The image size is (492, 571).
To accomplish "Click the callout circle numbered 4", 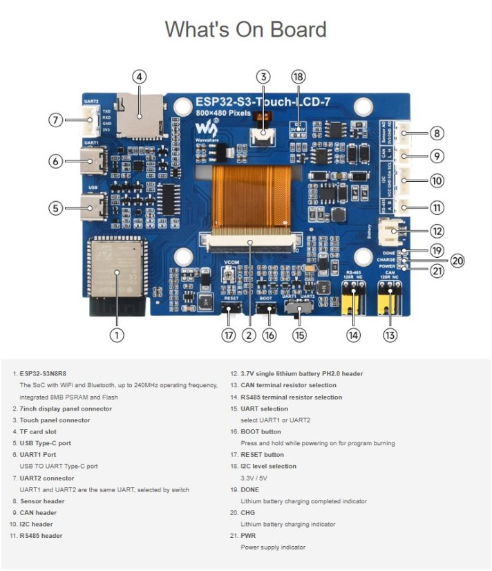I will pyautogui.click(x=140, y=77).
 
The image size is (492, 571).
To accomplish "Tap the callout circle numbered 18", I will pyautogui.click(x=299, y=77).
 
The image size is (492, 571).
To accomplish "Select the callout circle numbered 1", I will pyautogui.click(x=117, y=335).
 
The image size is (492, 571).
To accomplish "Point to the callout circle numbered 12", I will pyautogui.click(x=436, y=231).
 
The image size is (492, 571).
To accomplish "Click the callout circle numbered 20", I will pyautogui.click(x=457, y=261).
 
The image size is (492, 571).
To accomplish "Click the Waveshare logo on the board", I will pyautogui.click(x=205, y=129).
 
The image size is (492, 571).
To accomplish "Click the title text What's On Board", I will pyautogui.click(x=245, y=30).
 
